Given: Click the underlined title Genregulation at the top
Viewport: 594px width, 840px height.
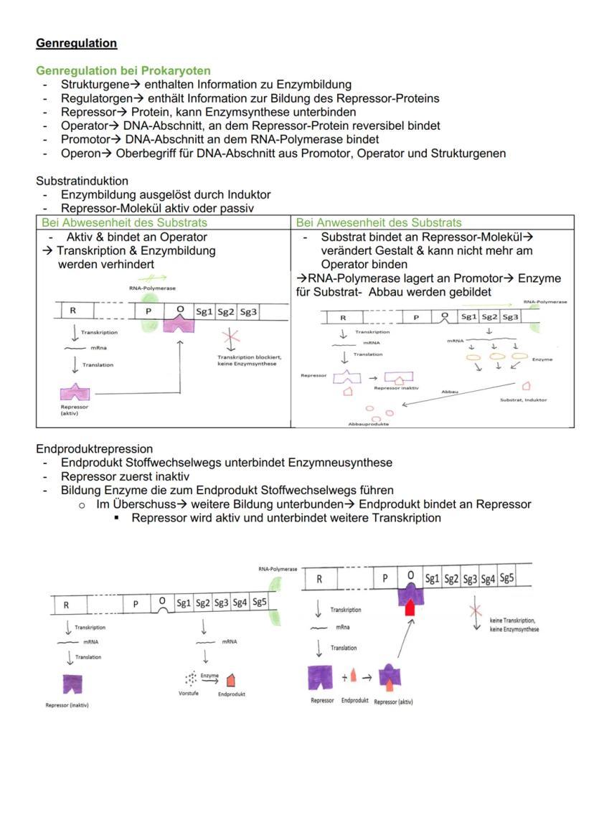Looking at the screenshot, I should tap(76, 43).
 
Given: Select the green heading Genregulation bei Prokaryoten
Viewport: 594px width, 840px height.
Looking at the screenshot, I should tap(123, 71).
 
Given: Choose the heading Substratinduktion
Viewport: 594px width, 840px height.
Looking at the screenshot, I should tap(82, 181).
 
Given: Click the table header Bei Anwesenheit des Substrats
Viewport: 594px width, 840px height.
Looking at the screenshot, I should tap(379, 222).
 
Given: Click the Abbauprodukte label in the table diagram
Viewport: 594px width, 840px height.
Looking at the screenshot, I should tap(366, 424).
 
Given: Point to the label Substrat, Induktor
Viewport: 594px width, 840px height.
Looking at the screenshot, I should tap(524, 400).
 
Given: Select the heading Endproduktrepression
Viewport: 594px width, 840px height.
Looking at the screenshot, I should tap(94, 449).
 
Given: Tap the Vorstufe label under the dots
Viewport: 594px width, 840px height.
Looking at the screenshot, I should tap(189, 694).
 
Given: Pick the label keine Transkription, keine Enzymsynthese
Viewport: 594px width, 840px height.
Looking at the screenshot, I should tap(514, 624).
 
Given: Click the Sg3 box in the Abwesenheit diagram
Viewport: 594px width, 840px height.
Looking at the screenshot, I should tap(249, 311).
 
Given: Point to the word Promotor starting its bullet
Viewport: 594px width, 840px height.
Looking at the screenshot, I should tap(83, 139).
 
